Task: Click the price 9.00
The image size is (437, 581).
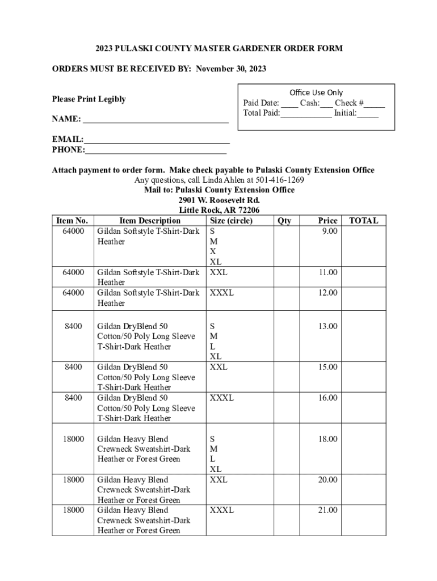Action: click(328, 231)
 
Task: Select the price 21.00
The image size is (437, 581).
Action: click(327, 510)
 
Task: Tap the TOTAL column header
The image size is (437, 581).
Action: click(363, 221)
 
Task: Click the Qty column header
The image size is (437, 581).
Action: click(284, 221)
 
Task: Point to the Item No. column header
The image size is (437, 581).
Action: click(73, 221)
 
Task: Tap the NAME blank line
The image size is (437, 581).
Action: click(156, 121)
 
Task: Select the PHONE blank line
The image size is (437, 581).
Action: click(156, 151)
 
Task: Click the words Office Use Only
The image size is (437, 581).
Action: click(316, 92)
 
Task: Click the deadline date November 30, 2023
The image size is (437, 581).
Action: click(231, 69)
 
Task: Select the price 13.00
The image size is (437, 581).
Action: click(327, 326)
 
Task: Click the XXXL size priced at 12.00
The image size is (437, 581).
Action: click(221, 293)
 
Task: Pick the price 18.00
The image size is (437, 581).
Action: click(327, 439)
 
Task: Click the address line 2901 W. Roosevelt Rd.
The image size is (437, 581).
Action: click(219, 200)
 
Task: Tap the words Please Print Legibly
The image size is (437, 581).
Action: click(89, 99)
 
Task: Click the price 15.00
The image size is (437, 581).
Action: click(327, 367)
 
